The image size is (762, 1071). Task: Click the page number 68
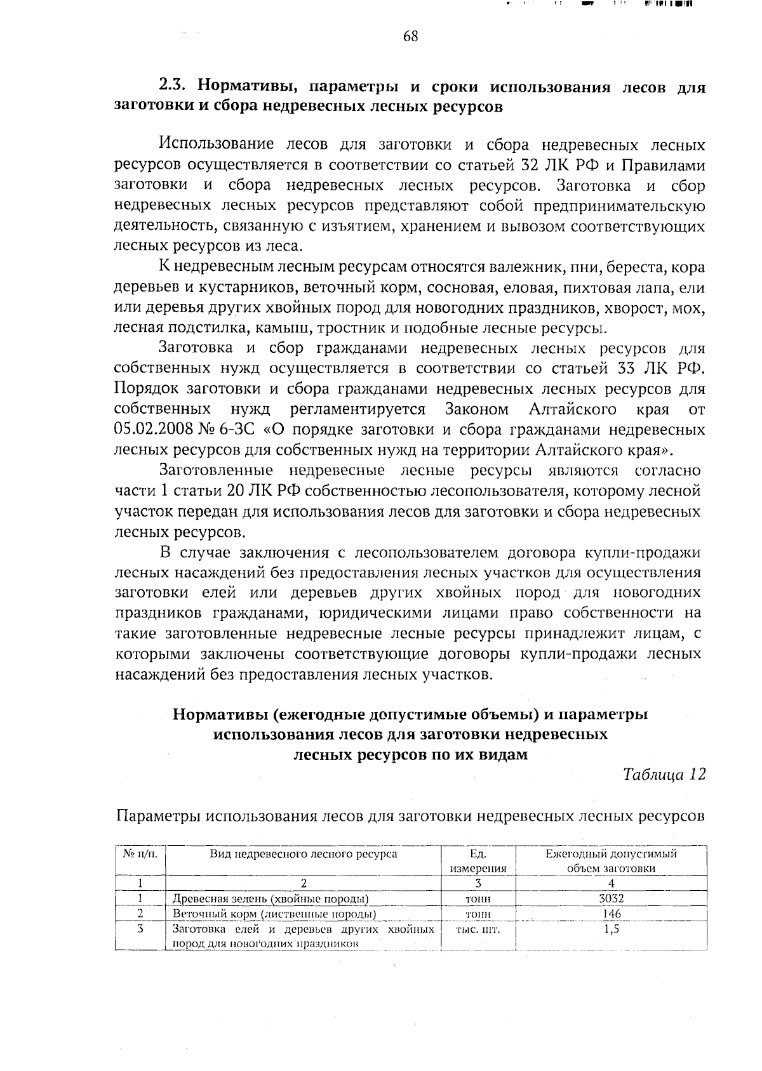click(x=410, y=36)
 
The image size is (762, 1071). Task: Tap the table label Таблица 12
click(x=664, y=775)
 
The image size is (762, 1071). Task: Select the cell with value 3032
click(x=611, y=898)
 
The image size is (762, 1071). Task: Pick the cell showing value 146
click(x=611, y=914)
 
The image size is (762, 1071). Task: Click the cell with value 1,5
click(x=611, y=929)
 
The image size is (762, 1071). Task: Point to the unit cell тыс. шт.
click(x=478, y=930)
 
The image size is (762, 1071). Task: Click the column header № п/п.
click(x=140, y=854)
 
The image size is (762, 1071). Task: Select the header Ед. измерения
click(x=478, y=861)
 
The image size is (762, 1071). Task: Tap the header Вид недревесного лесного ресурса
click(x=304, y=854)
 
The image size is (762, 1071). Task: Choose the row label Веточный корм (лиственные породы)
click(x=274, y=914)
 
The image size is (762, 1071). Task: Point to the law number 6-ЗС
click(x=239, y=430)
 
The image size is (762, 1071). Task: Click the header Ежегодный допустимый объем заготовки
click(x=611, y=861)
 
